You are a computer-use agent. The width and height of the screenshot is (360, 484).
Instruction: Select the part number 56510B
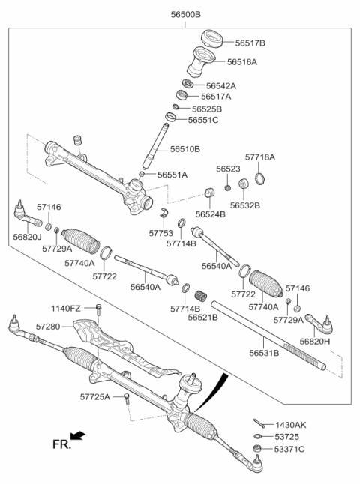coord(184,149)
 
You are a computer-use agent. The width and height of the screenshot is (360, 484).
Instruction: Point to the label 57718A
coord(260,158)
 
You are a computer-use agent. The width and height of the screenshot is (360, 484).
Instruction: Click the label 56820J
coord(27,236)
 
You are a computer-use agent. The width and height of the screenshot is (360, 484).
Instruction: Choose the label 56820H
coord(315,341)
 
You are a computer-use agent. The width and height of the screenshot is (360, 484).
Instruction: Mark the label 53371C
coord(289,450)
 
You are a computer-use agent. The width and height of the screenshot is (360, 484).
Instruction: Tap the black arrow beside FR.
coord(77,435)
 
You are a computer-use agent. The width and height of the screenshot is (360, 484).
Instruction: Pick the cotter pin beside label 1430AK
coord(258,424)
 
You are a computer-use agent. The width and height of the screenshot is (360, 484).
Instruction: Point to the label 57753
coord(161,233)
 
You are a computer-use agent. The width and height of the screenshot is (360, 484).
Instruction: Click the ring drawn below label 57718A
coord(260,178)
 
